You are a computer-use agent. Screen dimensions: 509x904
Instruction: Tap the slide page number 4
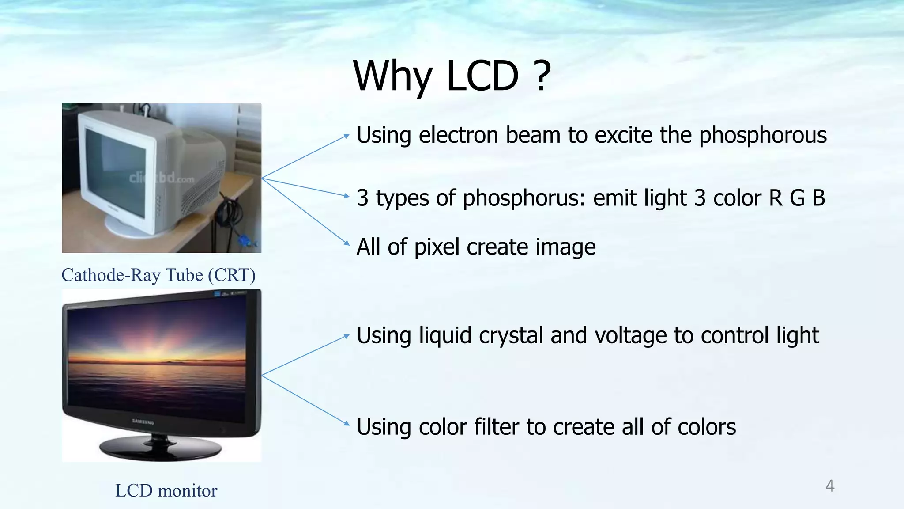[x=830, y=486]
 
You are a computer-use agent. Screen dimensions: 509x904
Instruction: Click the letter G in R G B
[x=797, y=198]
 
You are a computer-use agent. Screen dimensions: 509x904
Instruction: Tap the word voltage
[x=631, y=335]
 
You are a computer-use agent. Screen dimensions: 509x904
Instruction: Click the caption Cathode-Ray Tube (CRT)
[x=158, y=275]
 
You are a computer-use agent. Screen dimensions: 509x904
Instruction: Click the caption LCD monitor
[x=166, y=490]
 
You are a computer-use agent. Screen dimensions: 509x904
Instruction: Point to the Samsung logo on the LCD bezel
[x=143, y=422]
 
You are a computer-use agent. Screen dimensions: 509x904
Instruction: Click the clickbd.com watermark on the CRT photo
[x=161, y=179]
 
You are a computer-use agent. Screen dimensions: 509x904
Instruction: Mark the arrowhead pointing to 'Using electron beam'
[x=347, y=136]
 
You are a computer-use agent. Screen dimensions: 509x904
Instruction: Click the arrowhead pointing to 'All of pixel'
[x=347, y=243]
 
